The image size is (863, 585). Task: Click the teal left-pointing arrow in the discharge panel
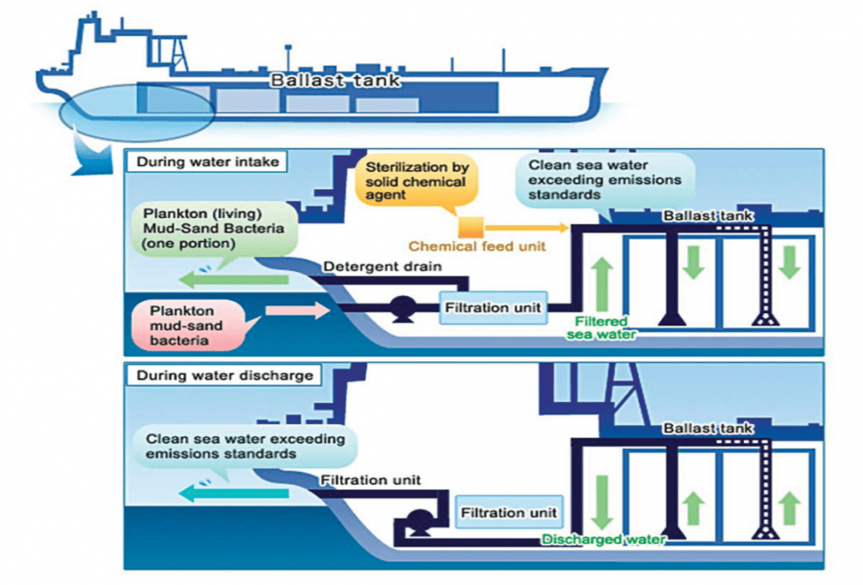233,494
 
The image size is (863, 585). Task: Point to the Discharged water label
603,539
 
